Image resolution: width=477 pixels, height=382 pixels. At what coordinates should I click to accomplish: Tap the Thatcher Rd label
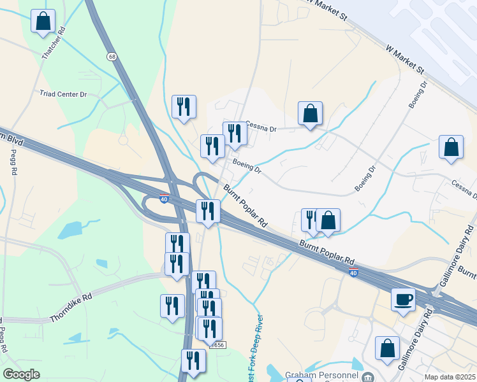point(54,44)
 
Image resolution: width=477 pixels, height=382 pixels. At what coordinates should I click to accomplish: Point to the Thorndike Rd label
point(71,306)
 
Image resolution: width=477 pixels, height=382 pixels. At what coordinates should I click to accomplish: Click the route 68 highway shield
point(112,57)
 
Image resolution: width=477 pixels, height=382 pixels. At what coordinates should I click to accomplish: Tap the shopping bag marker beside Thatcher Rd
point(43,20)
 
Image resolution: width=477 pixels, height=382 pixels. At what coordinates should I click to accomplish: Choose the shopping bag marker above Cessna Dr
point(310,114)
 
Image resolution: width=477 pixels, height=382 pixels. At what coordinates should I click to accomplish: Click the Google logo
point(21,374)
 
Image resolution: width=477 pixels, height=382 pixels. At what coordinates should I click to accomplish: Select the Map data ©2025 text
point(450,377)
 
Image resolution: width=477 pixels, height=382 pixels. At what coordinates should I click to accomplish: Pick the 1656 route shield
point(217,344)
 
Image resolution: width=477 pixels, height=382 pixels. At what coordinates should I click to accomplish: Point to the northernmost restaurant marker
point(184,107)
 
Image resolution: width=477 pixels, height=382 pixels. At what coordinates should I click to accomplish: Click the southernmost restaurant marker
point(193,360)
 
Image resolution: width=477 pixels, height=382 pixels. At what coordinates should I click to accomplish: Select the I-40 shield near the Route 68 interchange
point(164,199)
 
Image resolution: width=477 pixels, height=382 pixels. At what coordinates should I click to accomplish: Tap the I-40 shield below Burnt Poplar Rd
point(353,272)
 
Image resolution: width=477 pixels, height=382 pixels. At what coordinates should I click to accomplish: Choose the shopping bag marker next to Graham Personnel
point(387,348)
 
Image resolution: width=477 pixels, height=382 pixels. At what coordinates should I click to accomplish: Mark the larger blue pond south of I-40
point(74,227)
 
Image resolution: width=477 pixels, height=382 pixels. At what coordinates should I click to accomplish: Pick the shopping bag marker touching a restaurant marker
point(328,221)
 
